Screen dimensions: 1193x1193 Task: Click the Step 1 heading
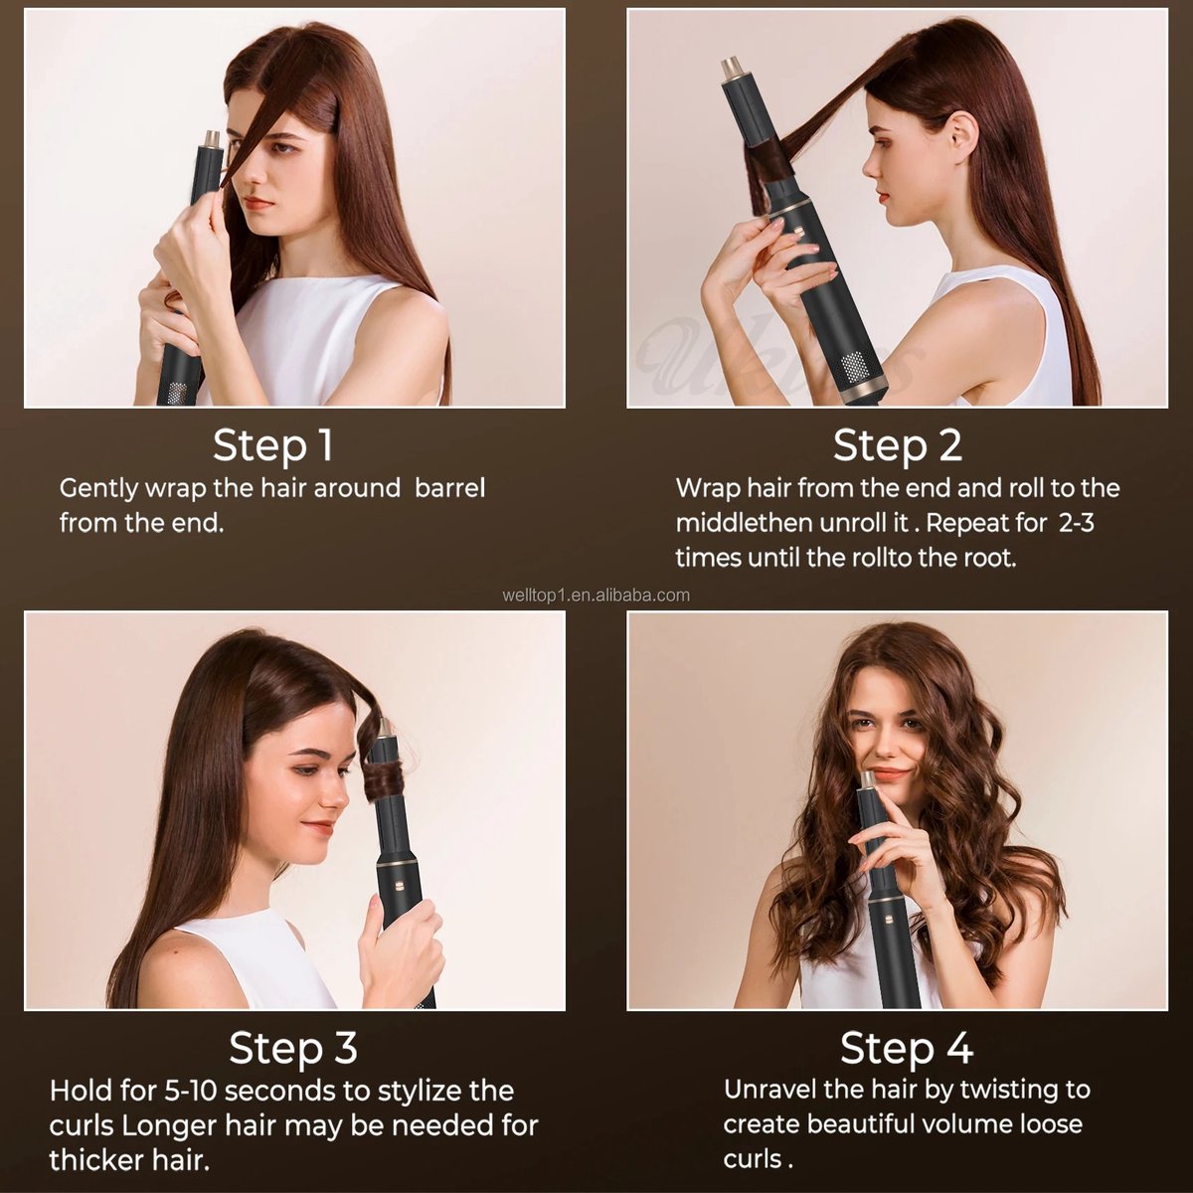pyautogui.click(x=273, y=445)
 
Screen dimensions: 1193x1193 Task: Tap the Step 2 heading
pyautogui.click(x=898, y=445)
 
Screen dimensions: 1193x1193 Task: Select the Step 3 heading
pyautogui.click(x=292, y=1048)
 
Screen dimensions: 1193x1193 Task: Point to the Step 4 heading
pyautogui.click(x=906, y=1048)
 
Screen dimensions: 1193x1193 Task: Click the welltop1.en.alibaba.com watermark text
pyautogui.click(x=596, y=596)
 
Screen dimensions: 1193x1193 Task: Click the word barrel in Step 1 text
pyautogui.click(x=450, y=488)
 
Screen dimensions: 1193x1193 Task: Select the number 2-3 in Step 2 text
pyautogui.click(x=1076, y=523)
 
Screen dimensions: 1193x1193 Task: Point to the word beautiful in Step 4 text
pyautogui.click(x=861, y=1124)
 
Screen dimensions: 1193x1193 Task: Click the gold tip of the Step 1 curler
pyautogui.click(x=212, y=138)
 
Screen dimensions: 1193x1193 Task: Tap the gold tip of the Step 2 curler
pyautogui.click(x=734, y=69)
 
